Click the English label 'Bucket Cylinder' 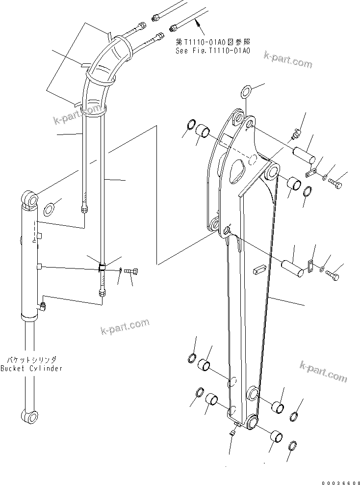point(31,368)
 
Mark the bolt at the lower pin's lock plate point(333,275)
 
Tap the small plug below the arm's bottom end point(233,431)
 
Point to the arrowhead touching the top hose point(195,20)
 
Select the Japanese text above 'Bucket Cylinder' point(31,360)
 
